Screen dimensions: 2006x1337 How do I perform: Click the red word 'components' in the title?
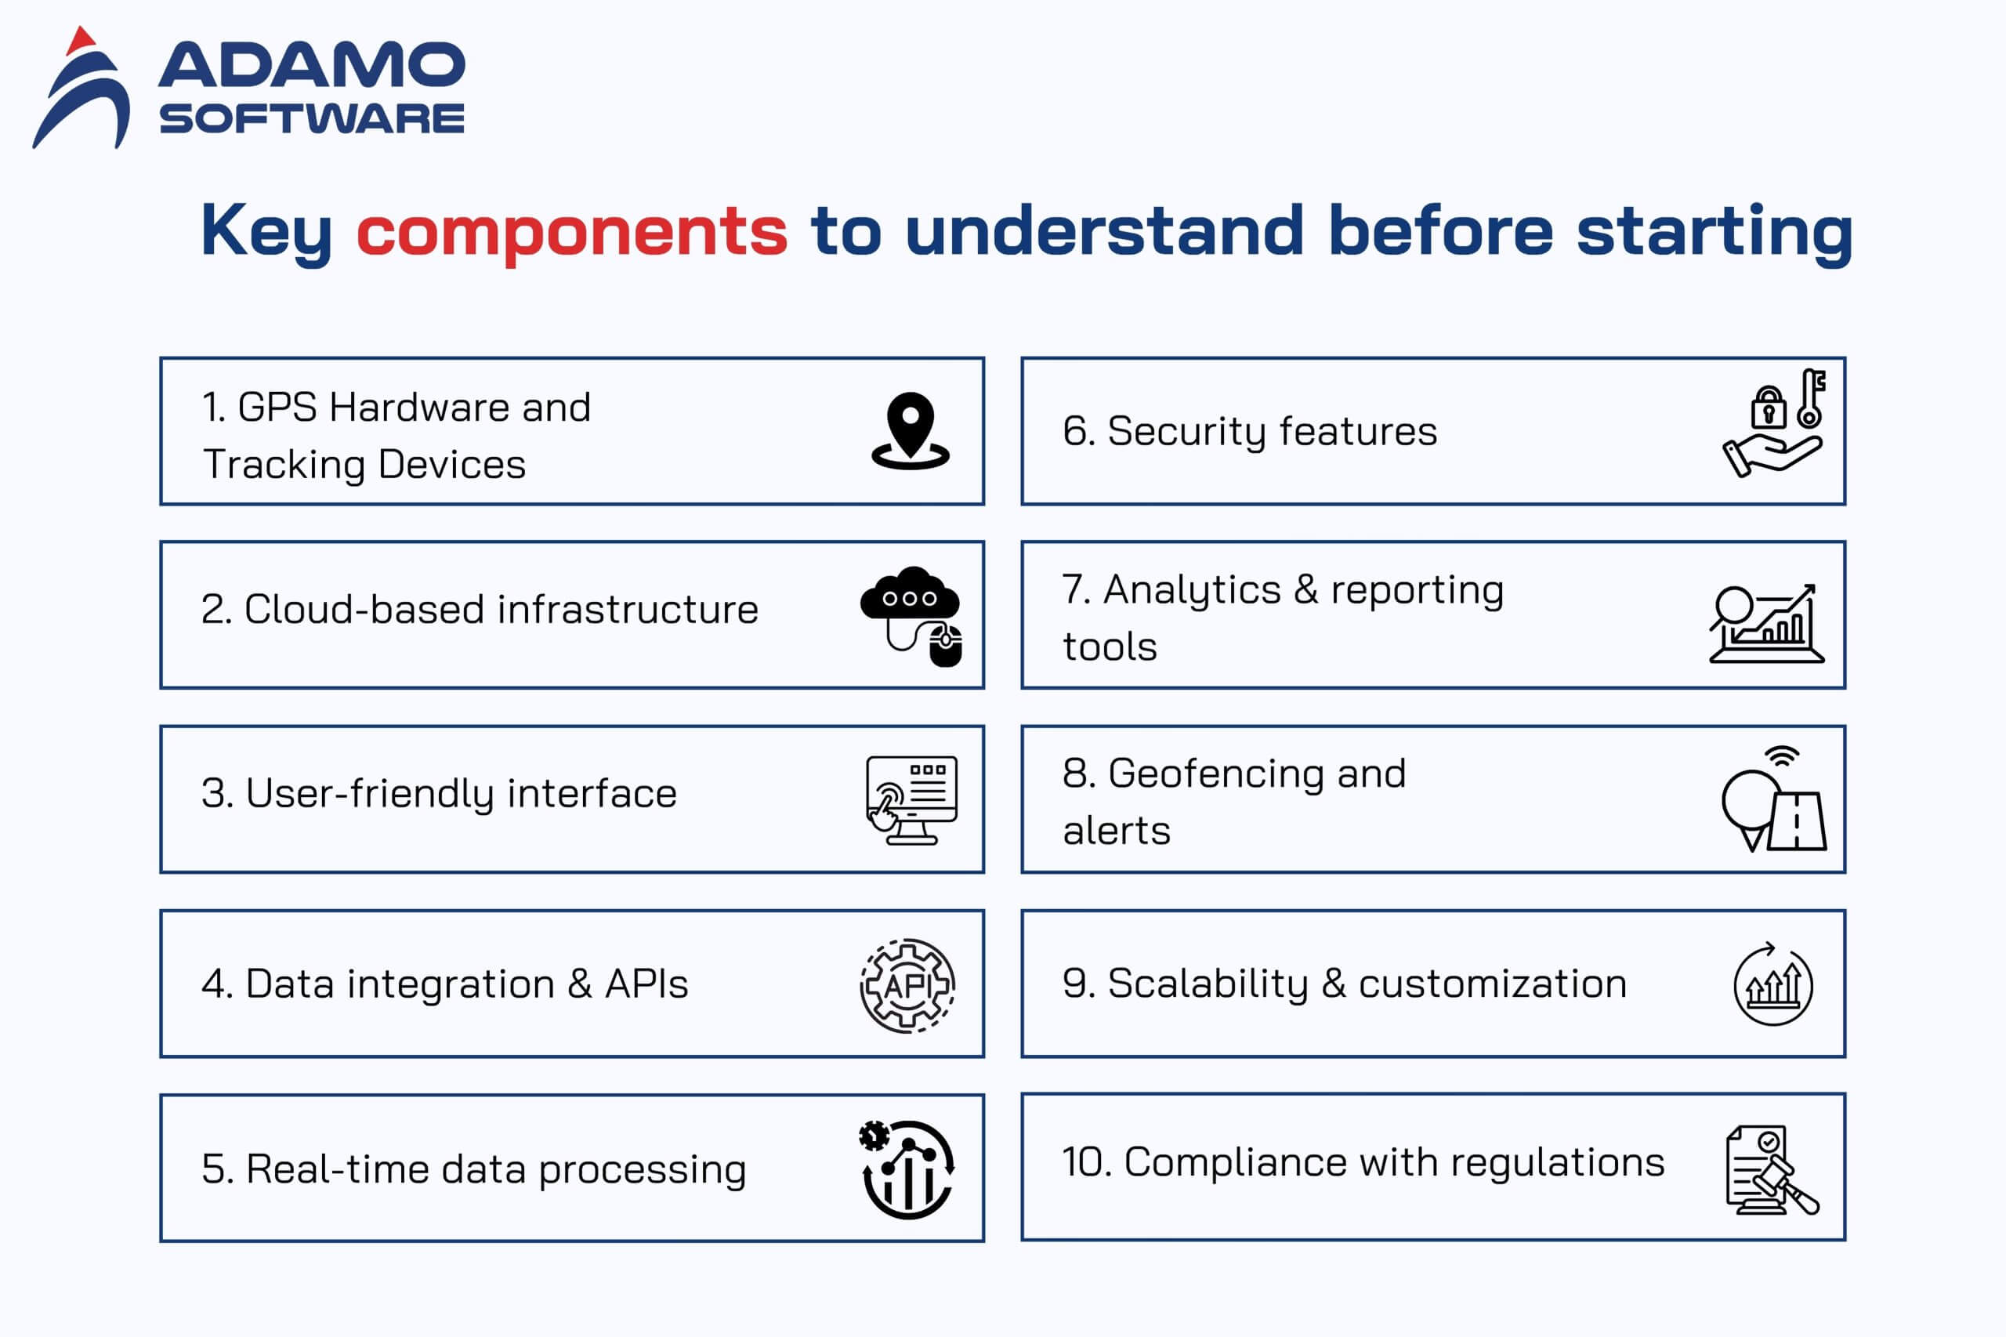[x=572, y=231]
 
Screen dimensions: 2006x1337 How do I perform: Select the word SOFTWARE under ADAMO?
[x=312, y=118]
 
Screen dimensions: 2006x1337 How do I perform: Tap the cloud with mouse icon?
[x=911, y=616]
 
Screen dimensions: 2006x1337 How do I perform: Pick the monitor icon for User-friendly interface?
[x=911, y=800]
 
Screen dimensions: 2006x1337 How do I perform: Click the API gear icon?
[x=907, y=986]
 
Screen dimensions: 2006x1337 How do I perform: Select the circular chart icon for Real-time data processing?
[x=907, y=1169]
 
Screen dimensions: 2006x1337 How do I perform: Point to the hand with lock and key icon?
[x=1773, y=423]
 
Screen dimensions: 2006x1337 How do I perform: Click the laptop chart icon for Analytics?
[x=1766, y=623]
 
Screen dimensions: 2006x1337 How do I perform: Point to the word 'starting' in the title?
[x=1715, y=233]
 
